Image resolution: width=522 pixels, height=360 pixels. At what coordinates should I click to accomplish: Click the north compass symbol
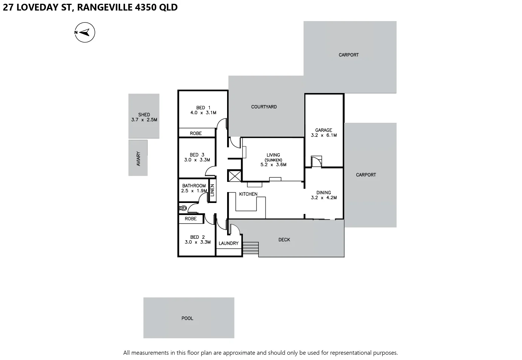85,33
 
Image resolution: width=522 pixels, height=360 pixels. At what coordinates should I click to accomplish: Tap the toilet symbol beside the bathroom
183,208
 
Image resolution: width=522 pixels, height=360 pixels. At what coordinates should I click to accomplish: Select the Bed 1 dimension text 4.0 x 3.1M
203,113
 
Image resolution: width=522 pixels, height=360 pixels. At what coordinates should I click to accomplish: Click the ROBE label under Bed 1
196,133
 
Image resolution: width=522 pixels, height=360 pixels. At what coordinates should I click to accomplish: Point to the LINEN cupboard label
212,190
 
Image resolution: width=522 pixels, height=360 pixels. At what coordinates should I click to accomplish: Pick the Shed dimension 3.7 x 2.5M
144,120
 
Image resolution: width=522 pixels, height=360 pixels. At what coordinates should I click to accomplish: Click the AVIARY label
138,159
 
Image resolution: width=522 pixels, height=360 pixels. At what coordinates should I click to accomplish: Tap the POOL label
187,318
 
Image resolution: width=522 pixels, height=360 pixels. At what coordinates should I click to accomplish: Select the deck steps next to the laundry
250,248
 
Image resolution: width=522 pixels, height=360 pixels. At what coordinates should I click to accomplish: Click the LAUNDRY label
229,243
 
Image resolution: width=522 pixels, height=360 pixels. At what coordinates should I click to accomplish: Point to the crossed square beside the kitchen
234,176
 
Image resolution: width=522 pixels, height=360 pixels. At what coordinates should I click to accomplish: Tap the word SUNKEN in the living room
273,160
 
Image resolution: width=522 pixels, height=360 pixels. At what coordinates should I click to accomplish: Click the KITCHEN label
248,194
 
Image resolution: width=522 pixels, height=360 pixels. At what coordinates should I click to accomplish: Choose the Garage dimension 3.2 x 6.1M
324,135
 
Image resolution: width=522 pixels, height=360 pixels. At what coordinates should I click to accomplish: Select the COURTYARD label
264,107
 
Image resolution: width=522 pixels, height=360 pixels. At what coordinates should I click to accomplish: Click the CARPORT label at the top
348,55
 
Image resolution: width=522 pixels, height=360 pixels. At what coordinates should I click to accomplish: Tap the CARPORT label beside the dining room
366,175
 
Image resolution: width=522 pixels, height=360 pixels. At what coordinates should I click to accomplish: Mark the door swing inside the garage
316,162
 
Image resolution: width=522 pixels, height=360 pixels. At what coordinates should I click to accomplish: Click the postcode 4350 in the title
144,7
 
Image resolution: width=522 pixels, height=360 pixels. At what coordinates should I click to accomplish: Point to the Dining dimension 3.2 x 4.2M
324,198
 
